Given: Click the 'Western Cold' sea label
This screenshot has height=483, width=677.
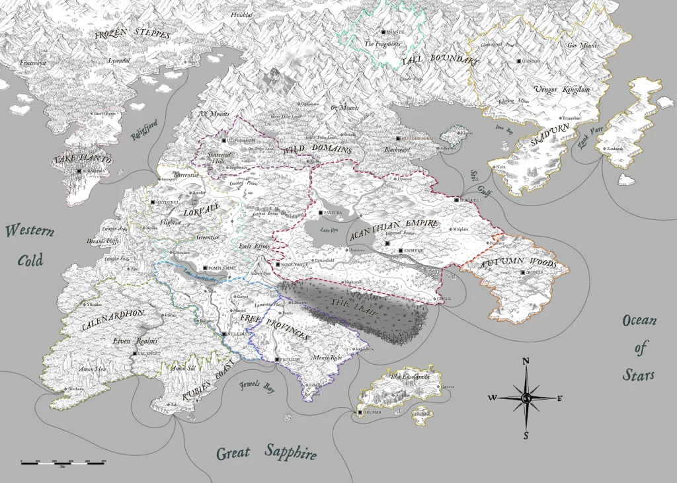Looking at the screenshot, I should tap(30, 244).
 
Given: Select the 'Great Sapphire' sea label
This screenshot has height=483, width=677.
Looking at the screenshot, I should tap(267, 453).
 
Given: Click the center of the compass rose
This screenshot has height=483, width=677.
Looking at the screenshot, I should tap(526, 398).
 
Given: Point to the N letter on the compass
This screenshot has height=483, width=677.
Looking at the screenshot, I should tap(526, 361).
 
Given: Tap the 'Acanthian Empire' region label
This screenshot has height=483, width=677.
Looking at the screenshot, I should tap(395, 230).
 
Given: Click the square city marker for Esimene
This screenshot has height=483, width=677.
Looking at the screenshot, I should tap(401, 251).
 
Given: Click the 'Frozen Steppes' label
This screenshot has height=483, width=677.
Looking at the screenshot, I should tap(132, 34).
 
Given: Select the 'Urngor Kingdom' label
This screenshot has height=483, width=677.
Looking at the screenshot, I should tap(562, 89).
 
